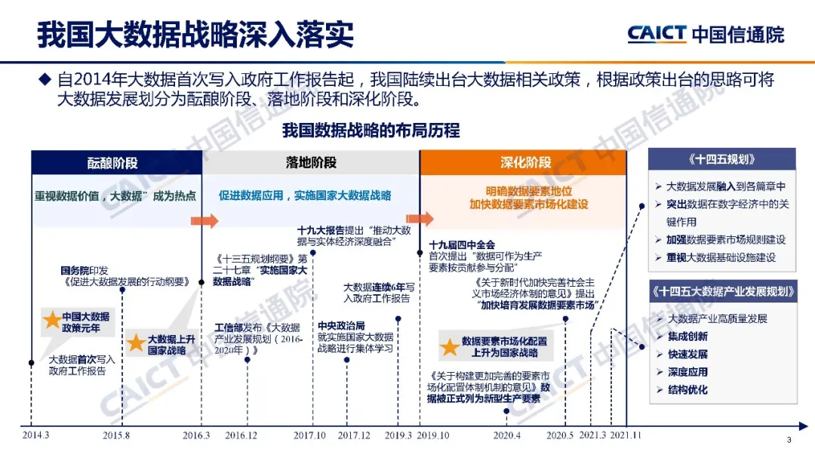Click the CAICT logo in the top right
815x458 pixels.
(657, 34)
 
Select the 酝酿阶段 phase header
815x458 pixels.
(112, 163)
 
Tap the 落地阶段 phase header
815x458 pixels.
(311, 163)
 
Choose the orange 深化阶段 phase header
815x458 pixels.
(525, 163)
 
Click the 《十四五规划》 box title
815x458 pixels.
(722, 159)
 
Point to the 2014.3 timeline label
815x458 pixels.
(36, 435)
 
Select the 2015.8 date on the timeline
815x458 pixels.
(116, 435)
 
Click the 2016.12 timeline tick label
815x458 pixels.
(241, 435)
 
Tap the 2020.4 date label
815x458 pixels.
(507, 435)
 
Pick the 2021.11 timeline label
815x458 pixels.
(626, 435)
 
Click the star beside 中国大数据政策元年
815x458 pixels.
(52, 320)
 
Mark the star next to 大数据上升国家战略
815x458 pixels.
(136, 343)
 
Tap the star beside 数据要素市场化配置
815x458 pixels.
(450, 347)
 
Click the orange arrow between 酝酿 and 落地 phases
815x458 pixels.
(205, 220)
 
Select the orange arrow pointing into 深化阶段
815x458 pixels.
(420, 218)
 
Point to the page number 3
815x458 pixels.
(789, 440)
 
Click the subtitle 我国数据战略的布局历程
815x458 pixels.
(371, 130)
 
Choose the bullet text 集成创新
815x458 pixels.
(687, 337)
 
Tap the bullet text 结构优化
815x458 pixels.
(687, 389)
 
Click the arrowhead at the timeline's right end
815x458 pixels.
(804, 426)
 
